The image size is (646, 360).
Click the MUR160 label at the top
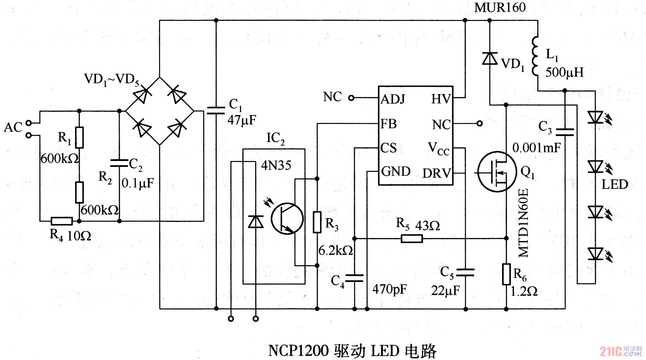[x=500, y=7]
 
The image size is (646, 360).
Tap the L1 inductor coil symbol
[x=535, y=56]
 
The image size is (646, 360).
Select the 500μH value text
[x=564, y=72]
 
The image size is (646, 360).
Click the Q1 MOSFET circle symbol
[x=497, y=172]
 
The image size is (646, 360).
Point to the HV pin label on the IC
[x=441, y=99]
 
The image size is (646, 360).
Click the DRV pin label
[x=437, y=173]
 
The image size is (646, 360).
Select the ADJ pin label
[x=393, y=99]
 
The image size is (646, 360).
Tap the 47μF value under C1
[x=242, y=120]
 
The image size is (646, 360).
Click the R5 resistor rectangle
[x=412, y=239]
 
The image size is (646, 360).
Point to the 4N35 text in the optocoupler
[x=276, y=165]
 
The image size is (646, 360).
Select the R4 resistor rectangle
[x=62, y=221]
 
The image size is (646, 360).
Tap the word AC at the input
[x=13, y=127]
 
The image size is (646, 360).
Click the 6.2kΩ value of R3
[x=335, y=250]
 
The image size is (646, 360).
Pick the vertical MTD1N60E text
[x=523, y=223]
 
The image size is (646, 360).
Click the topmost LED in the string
[x=596, y=117]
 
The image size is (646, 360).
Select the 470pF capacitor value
[x=390, y=289]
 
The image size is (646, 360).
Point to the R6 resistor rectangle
[x=506, y=274]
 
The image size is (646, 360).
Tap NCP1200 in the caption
[x=298, y=350]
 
